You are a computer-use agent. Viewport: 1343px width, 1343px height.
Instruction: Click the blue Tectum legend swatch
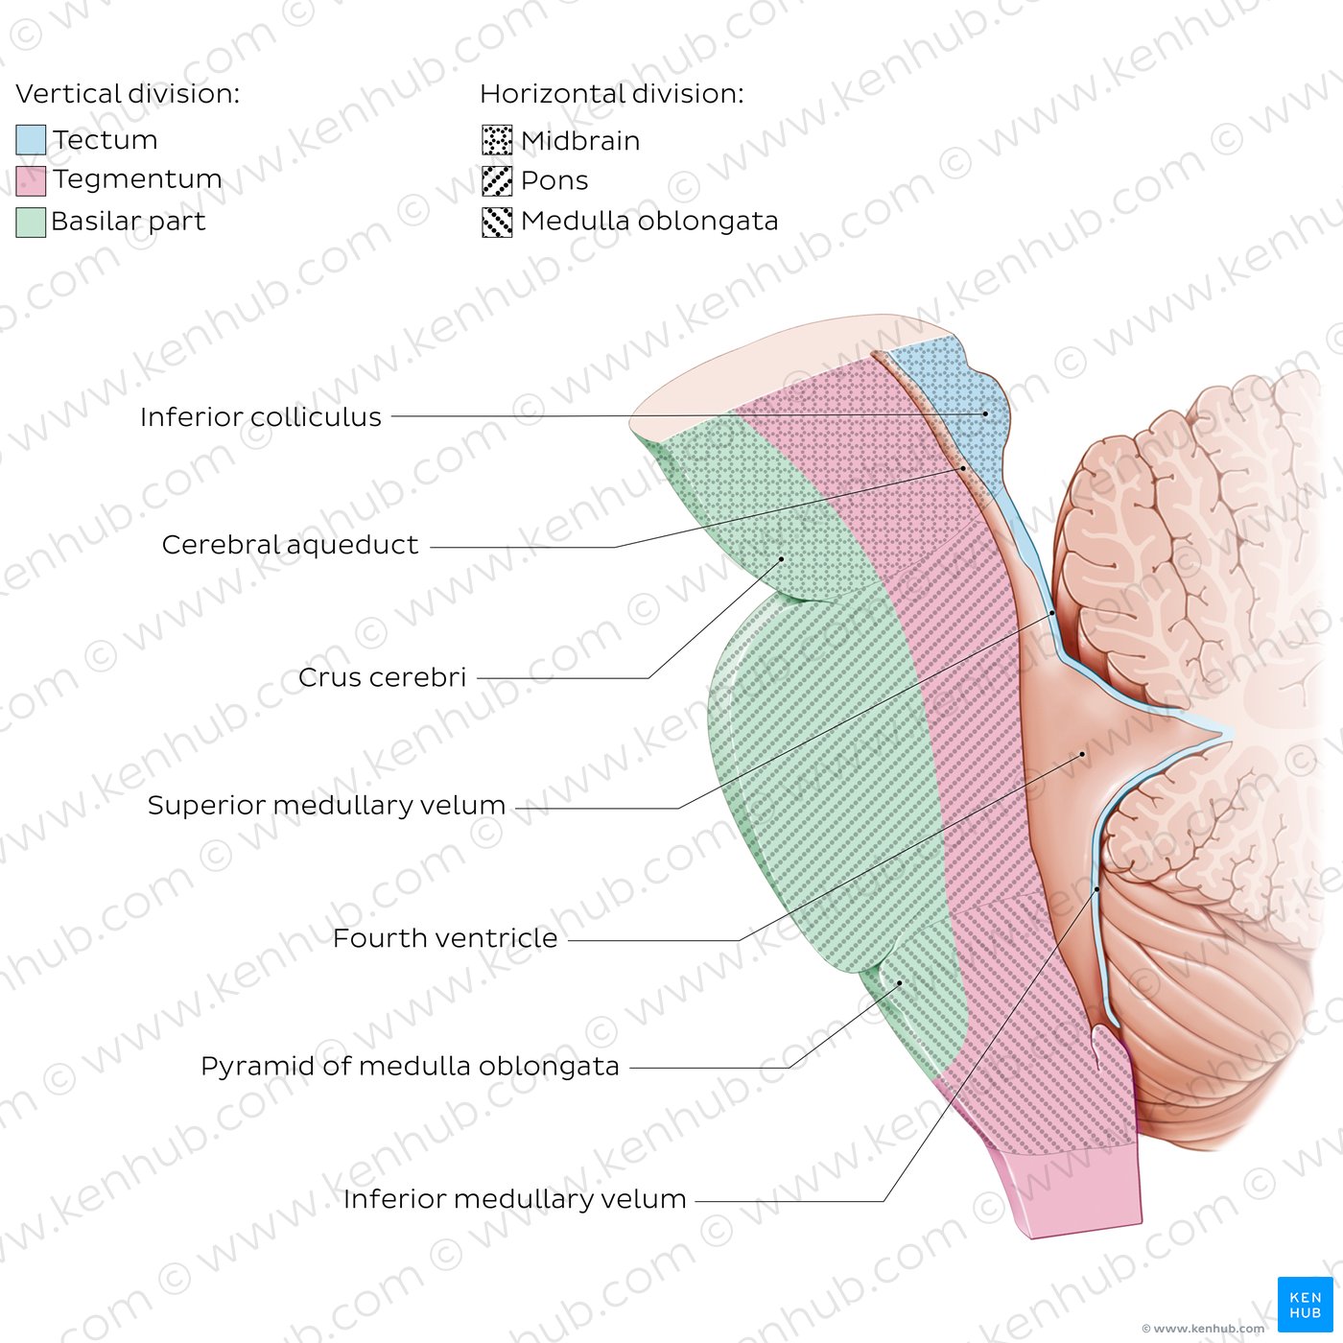[31, 139]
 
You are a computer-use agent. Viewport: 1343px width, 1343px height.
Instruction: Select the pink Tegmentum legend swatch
[31, 180]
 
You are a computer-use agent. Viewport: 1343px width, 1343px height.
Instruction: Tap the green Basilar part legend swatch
[31, 223]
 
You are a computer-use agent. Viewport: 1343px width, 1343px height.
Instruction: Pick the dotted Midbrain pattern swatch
[497, 140]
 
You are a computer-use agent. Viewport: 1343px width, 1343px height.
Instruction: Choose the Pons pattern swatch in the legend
[497, 181]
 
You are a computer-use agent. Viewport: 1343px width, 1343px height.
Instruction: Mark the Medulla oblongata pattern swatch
[497, 223]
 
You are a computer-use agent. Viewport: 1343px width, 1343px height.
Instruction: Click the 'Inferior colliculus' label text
[261, 416]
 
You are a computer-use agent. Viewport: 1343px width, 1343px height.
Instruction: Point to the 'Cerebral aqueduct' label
[290, 545]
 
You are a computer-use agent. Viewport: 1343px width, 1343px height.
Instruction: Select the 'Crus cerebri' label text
[382, 676]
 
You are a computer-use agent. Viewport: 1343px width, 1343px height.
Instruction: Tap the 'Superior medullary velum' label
[326, 806]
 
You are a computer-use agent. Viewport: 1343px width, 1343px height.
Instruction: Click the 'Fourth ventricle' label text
[445, 938]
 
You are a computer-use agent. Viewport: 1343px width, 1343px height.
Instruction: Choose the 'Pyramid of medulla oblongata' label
[410, 1067]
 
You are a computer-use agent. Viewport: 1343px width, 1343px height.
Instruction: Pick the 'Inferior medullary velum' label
[514, 1199]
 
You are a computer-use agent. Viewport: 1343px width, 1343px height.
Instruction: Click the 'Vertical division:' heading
[128, 94]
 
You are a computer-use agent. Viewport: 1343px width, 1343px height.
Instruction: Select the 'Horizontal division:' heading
[612, 94]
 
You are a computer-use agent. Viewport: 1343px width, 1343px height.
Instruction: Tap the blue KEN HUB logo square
[1305, 1305]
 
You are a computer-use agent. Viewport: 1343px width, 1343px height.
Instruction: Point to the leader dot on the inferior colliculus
[985, 414]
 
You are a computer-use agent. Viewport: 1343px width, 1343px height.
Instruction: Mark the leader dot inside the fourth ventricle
[1082, 754]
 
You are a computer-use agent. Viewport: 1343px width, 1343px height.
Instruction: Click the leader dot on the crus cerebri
[781, 559]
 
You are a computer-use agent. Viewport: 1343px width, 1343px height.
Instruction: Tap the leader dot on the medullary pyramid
[900, 982]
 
